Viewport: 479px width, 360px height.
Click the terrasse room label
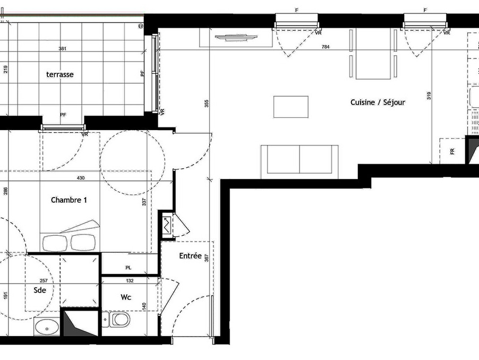coord(60,74)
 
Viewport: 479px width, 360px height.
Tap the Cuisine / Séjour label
coord(378,102)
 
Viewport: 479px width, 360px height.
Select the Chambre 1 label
coord(69,200)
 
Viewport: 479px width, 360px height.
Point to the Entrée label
coord(190,255)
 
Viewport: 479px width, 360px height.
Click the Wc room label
coord(126,297)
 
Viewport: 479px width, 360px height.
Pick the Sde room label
coord(40,290)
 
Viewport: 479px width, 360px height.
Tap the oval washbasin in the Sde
coord(47,327)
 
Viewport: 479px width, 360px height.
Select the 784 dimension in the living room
coord(326,47)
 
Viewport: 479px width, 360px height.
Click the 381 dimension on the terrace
coord(62,48)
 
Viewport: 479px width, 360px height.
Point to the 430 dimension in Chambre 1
coord(81,178)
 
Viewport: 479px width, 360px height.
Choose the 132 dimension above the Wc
coord(130,281)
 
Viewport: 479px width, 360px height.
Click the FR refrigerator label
coord(452,151)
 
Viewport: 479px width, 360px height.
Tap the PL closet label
coord(129,268)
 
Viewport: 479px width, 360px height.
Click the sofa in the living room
coord(300,161)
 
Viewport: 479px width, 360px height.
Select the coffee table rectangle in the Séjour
coord(291,107)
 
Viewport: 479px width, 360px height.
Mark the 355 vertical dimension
coord(207,104)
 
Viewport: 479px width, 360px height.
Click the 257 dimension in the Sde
coord(44,281)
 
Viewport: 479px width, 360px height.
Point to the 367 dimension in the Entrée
coord(207,258)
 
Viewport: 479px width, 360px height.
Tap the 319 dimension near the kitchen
coord(429,96)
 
